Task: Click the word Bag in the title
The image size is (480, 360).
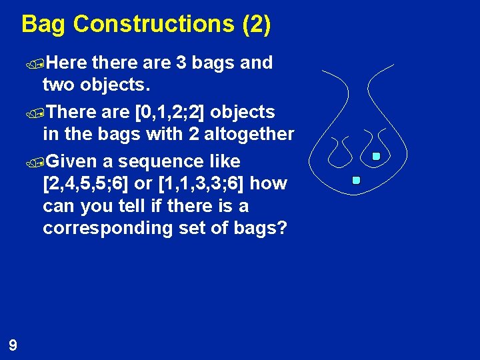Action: point(44,24)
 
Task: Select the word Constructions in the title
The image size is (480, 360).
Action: point(153,24)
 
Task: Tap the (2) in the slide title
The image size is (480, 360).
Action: point(256,24)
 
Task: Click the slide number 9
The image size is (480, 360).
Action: point(13,345)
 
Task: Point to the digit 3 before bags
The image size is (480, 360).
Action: point(181,63)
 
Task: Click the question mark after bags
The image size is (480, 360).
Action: point(282,228)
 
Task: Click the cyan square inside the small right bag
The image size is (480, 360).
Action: point(376,157)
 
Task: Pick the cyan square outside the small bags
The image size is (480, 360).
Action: point(356,180)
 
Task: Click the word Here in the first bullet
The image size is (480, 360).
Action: point(67,63)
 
